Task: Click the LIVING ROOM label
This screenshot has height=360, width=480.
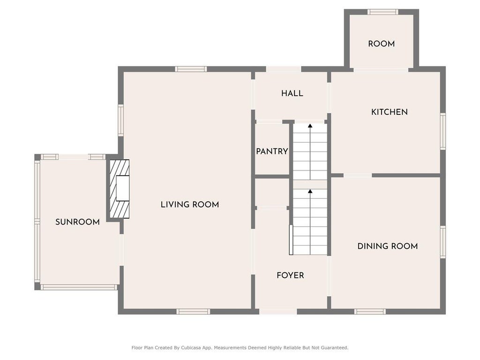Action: [190, 204]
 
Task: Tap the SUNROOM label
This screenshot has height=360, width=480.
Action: [77, 222]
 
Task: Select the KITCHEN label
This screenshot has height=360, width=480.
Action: [390, 112]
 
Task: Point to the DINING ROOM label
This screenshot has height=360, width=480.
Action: [388, 246]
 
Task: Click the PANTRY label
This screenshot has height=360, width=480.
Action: [272, 151]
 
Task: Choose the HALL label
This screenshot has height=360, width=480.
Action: [292, 93]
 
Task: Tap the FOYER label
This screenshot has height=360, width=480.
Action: [290, 276]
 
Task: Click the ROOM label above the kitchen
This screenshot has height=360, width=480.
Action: [382, 44]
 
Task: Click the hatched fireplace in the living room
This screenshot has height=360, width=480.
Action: [120, 189]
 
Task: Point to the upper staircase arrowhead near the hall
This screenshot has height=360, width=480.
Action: [310, 126]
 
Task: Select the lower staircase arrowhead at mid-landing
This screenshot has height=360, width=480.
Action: [310, 191]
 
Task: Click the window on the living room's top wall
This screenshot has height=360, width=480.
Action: [191, 69]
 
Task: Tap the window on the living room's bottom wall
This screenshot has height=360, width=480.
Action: [193, 312]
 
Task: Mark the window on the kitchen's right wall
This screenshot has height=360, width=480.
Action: [443, 131]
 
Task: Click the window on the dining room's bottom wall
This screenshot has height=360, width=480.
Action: [370, 312]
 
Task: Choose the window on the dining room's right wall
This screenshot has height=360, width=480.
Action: [443, 242]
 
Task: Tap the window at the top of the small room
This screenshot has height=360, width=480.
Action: [383, 12]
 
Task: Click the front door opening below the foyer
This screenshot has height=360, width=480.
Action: [278, 312]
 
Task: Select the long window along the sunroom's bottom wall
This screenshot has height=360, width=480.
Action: [79, 287]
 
